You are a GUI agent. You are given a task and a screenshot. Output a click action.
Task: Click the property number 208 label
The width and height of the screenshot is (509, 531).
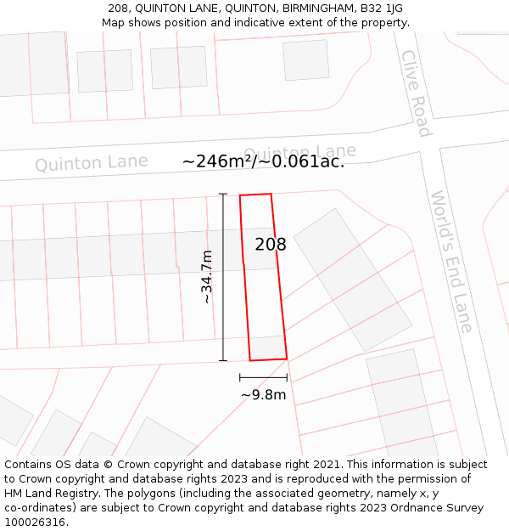271,245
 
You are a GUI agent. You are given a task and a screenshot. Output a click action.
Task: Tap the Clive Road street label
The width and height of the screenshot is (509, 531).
416,93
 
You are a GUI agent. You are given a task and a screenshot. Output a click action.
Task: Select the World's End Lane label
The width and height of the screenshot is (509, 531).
450,261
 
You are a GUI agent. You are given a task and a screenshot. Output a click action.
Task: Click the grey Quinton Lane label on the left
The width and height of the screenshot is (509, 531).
92,162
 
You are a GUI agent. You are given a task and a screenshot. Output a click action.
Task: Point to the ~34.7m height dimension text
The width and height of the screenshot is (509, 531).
207,276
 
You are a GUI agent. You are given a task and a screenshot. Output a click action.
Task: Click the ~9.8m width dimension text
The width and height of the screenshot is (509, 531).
263,394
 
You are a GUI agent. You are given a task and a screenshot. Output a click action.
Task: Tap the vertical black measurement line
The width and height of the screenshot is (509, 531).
223,276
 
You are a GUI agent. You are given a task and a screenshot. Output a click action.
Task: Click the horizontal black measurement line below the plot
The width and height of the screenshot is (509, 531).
263,376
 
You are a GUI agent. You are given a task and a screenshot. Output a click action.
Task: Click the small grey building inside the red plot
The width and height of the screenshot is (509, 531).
267,347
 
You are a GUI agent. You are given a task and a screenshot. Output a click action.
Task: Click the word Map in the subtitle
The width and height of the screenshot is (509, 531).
114,23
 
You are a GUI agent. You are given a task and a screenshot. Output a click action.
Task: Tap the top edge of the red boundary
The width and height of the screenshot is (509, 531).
255,195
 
